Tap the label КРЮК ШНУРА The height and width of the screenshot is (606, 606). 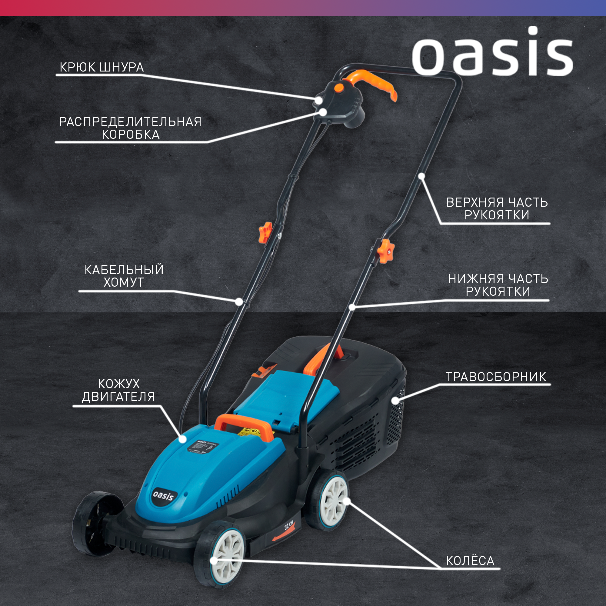click(x=102, y=67)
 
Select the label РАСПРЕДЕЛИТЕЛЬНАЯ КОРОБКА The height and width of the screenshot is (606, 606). click(x=130, y=128)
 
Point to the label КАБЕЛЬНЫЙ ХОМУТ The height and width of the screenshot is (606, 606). click(x=124, y=276)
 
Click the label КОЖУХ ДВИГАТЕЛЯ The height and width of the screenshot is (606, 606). click(x=118, y=390)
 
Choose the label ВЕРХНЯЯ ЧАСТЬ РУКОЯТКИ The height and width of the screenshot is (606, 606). click(x=497, y=208)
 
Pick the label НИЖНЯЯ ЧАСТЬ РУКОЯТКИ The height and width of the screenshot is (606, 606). click(x=498, y=285)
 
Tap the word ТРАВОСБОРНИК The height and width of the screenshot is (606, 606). click(x=496, y=377)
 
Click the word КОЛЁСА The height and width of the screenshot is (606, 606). click(x=470, y=561)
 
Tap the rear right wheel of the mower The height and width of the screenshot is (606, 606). click(x=331, y=502)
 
